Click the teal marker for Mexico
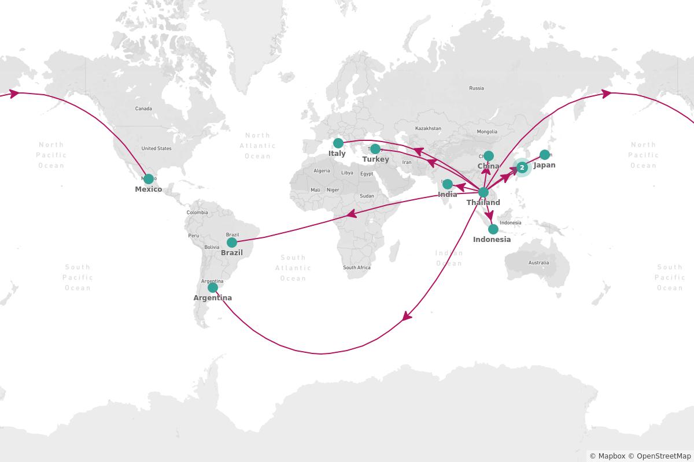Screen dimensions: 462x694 pos(149,179)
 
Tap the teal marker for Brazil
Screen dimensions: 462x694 pos(232,243)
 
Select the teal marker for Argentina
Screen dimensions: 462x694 pos(213,288)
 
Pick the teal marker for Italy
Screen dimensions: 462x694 pos(338,143)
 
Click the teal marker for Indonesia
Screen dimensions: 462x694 pos(493,229)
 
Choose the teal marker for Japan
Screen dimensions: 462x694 pos(545,155)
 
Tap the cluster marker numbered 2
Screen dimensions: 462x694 pos(522,167)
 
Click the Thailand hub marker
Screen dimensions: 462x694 pos(483,192)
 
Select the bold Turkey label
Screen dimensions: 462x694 pos(375,159)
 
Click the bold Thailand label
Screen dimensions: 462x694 pos(483,203)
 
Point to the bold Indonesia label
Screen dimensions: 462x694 pos(492,240)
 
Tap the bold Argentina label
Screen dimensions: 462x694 pos(212,298)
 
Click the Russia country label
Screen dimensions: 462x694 pos(477,88)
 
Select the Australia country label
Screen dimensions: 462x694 pos(538,263)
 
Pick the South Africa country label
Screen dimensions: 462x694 pos(357,267)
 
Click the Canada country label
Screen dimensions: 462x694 pos(143,109)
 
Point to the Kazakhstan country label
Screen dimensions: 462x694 pos(428,128)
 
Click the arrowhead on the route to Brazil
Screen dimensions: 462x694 pos(351,214)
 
